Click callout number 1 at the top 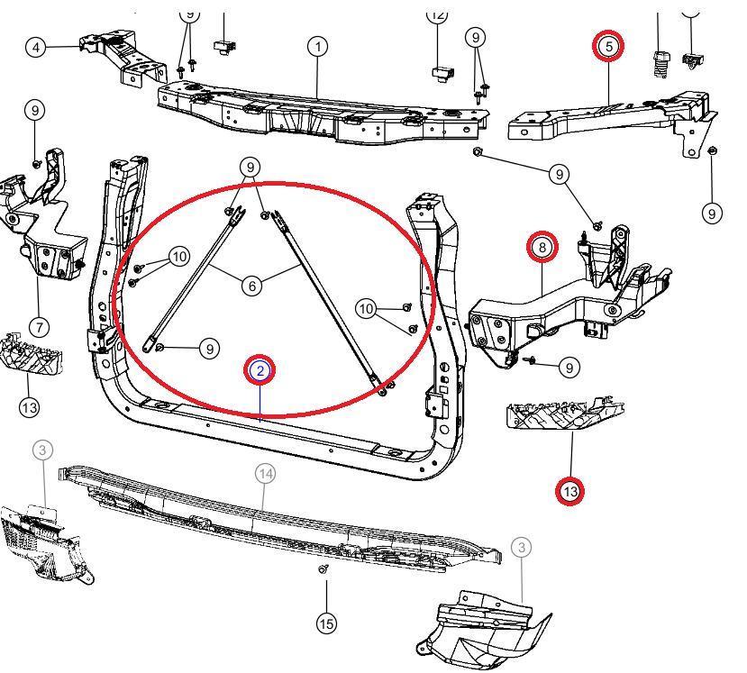317,47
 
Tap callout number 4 35,47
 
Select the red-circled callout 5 608,45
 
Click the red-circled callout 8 542,247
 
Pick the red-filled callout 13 569,491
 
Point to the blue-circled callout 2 260,370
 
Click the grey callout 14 265,473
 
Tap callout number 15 326,623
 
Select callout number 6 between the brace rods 251,286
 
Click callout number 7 39,327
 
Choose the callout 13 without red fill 29,407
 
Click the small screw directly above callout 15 324,569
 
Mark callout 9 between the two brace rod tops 251,167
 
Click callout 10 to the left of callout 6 179,258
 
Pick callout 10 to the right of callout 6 366,309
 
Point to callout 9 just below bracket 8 569,367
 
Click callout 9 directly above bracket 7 35,111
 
